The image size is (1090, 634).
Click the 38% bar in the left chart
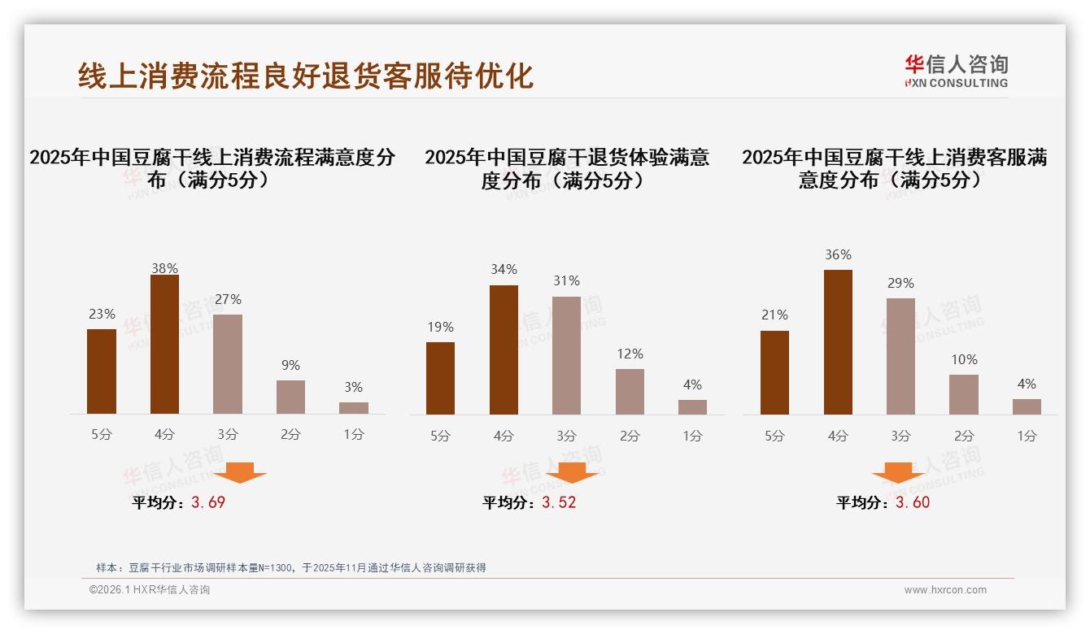click(x=164, y=345)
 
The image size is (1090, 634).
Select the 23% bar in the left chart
click(x=102, y=371)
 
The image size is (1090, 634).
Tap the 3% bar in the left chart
click(x=354, y=408)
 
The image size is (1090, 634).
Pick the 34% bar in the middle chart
click(x=504, y=350)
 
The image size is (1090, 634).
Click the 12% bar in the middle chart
click(x=630, y=392)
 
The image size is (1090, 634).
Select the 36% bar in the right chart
click(x=838, y=342)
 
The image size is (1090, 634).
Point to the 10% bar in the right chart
click(x=964, y=394)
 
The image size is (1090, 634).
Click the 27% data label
click(x=228, y=300)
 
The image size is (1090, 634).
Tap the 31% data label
click(x=566, y=281)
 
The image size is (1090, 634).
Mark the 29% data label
click(x=900, y=284)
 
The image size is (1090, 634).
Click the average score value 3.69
click(x=208, y=502)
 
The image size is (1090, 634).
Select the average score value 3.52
click(x=559, y=502)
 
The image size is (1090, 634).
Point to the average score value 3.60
click(x=913, y=502)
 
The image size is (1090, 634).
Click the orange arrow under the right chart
click(x=898, y=473)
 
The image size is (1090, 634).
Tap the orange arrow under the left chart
click(x=240, y=473)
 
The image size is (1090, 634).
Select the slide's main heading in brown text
click(x=306, y=76)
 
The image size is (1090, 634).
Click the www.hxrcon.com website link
click(x=945, y=590)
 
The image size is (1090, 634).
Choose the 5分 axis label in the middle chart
click(x=440, y=436)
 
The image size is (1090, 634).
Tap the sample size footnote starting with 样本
click(x=291, y=567)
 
